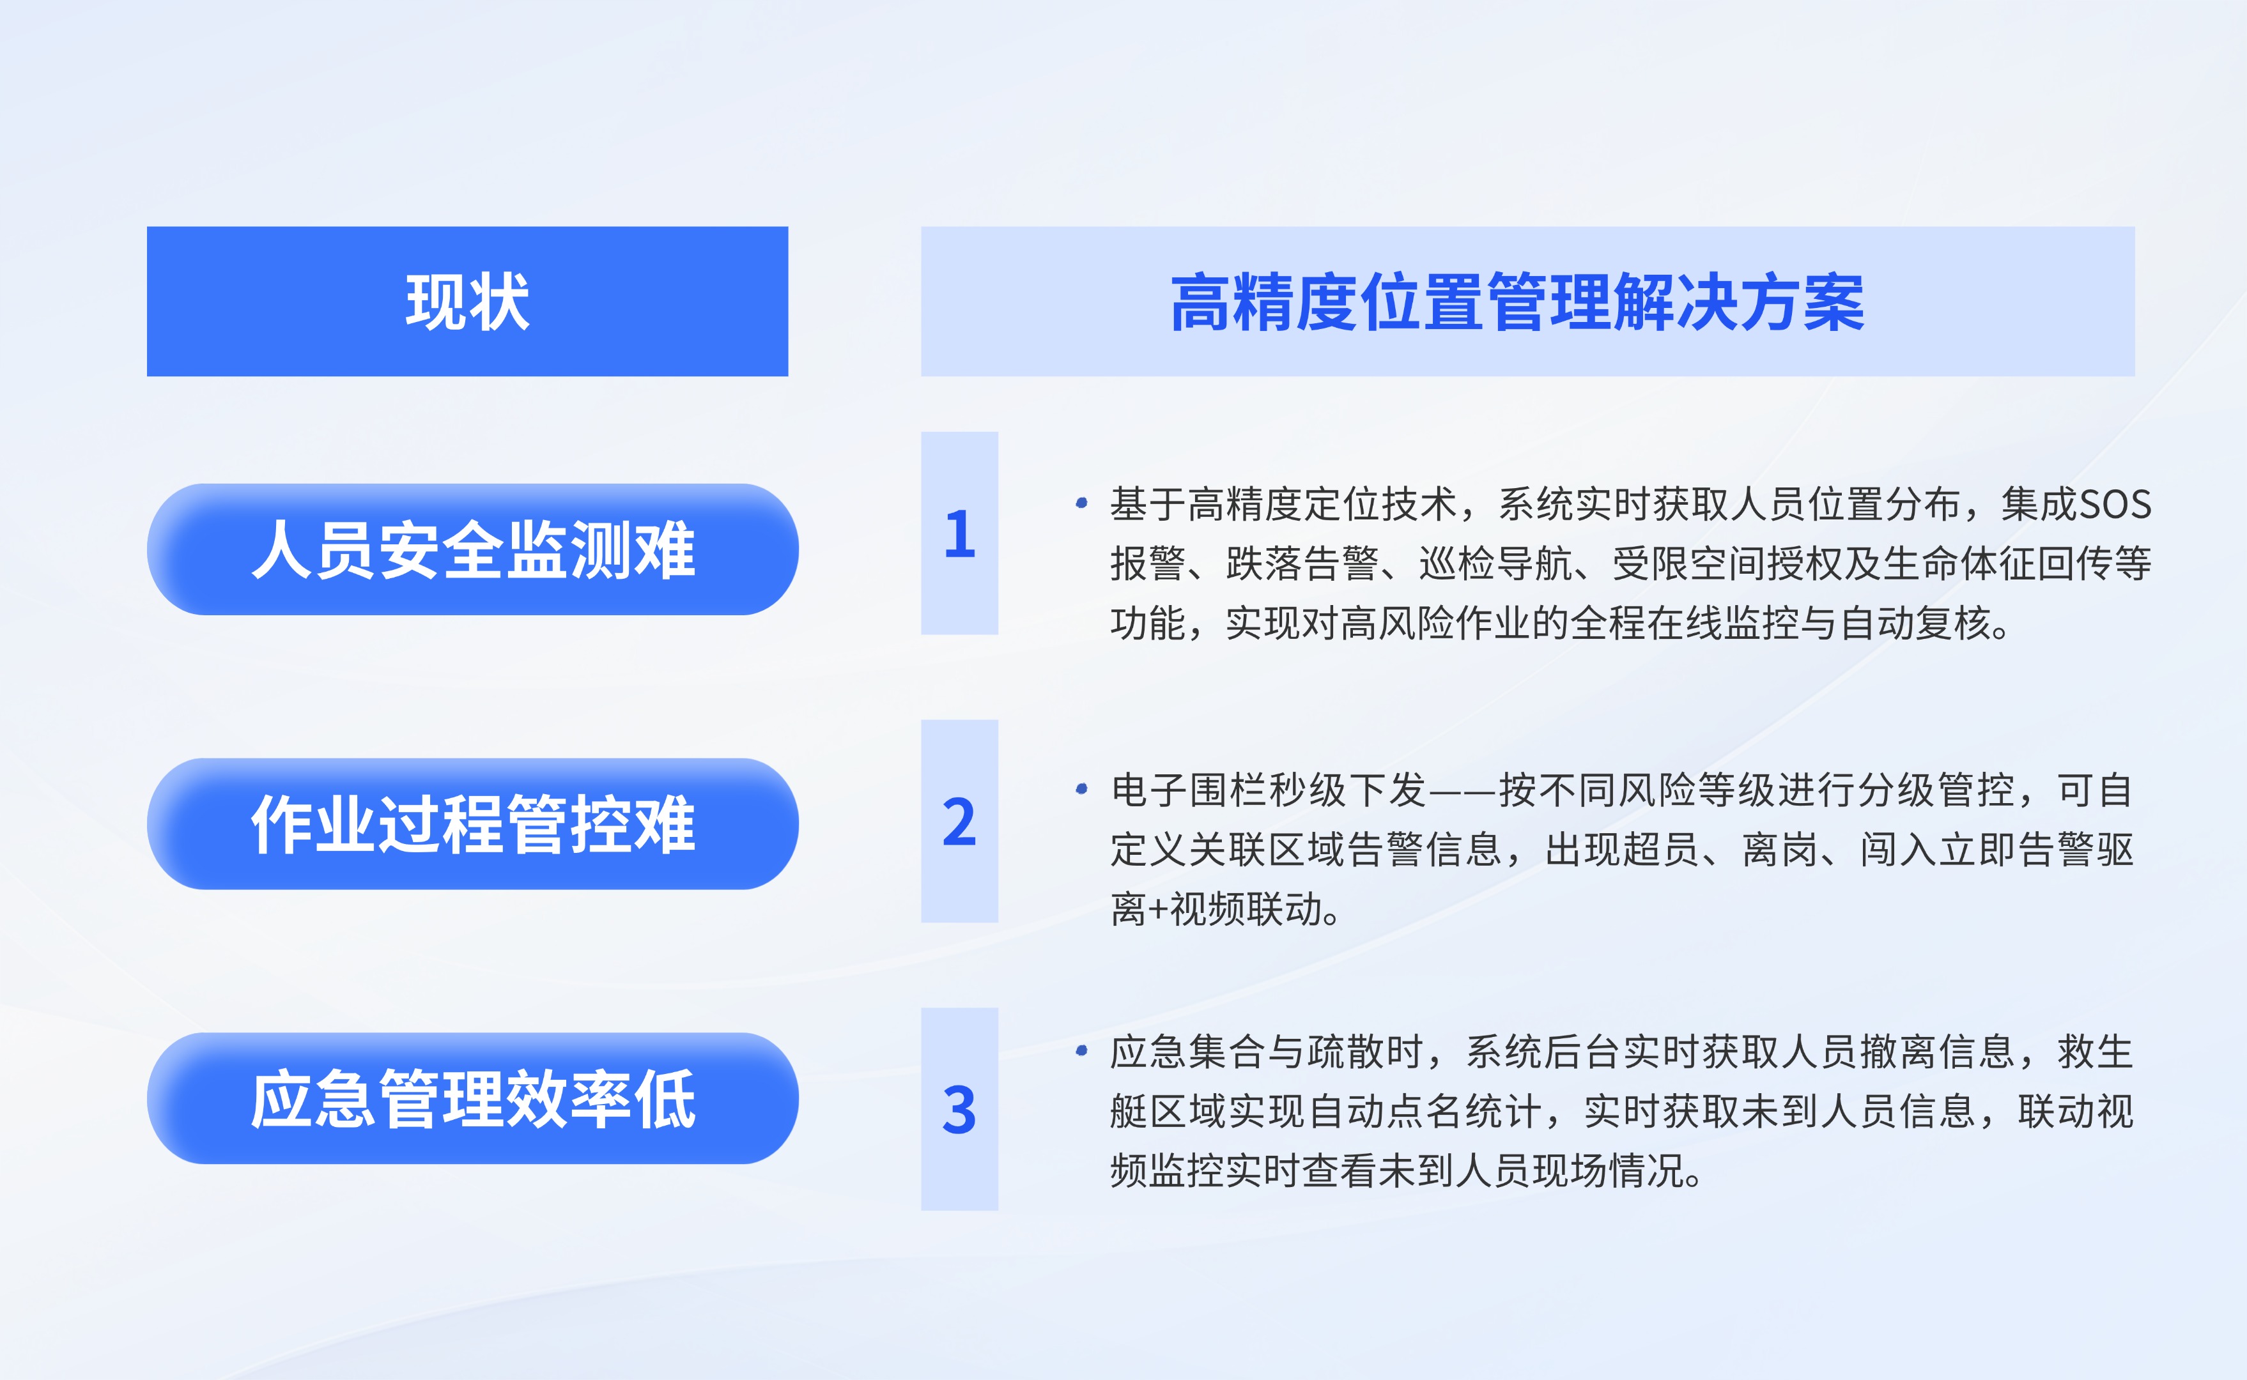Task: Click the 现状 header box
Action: [x=467, y=301]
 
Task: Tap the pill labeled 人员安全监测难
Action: [x=473, y=549]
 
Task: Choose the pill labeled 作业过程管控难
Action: [x=473, y=824]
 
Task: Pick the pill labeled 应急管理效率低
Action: [x=473, y=1099]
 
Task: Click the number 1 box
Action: [x=959, y=533]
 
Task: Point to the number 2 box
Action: [x=959, y=822]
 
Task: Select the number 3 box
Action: [x=959, y=1110]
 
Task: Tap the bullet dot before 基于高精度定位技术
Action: [x=1081, y=503]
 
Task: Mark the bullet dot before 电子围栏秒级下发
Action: [x=1081, y=788]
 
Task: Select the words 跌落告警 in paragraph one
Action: [x=1302, y=564]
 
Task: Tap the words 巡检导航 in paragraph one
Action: [x=1496, y=564]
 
